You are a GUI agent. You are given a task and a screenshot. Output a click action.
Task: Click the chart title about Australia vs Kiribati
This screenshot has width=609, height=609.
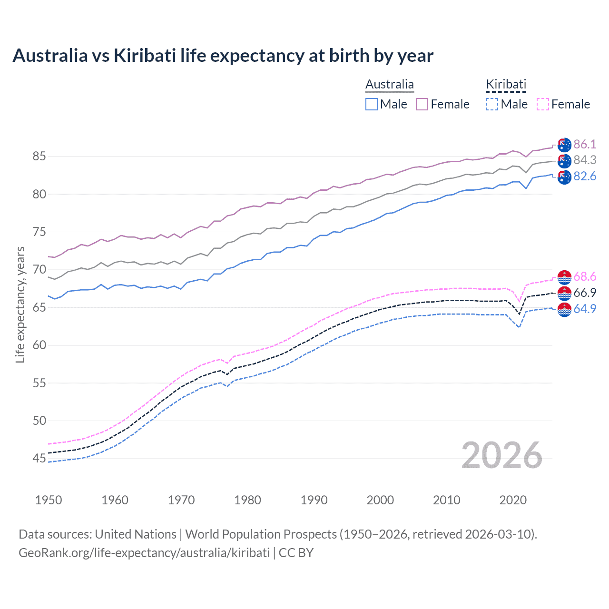click(223, 56)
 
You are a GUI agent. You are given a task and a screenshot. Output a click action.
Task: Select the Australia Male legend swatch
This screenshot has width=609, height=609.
click(372, 104)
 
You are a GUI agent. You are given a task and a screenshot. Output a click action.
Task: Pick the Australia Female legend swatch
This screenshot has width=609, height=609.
click(422, 104)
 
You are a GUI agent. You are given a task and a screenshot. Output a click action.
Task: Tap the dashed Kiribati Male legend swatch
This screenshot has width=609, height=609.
click(492, 104)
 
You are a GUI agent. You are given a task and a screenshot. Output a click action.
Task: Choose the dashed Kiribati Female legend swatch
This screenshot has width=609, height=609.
click(542, 104)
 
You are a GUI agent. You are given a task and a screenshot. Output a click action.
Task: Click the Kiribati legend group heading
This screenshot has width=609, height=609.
click(506, 85)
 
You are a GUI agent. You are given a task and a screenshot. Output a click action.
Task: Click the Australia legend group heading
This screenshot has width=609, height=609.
click(390, 85)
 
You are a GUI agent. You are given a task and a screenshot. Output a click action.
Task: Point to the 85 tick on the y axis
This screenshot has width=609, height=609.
click(39, 157)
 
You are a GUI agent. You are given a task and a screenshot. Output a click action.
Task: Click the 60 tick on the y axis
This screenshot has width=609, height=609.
click(39, 345)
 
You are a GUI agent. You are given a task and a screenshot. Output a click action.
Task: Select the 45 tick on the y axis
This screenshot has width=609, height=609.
click(39, 459)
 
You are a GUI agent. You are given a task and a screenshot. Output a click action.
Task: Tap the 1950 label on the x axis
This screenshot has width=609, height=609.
click(49, 500)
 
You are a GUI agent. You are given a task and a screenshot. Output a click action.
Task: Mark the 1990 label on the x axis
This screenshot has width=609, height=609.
click(314, 500)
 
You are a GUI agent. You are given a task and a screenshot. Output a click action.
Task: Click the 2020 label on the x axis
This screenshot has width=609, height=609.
click(513, 500)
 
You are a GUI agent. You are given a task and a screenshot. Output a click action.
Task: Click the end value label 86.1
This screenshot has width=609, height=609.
click(585, 145)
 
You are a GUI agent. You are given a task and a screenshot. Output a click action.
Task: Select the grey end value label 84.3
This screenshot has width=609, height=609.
click(585, 160)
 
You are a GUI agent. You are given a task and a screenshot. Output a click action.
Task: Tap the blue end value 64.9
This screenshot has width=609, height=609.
click(585, 309)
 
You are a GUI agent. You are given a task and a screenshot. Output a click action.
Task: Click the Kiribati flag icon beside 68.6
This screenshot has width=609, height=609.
click(564, 277)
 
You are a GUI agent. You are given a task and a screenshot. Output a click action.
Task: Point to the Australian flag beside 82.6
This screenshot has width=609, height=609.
click(564, 177)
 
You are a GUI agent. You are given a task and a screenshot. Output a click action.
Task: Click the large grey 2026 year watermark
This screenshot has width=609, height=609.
click(502, 455)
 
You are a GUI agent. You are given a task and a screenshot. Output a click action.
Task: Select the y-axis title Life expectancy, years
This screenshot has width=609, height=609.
click(20, 304)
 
